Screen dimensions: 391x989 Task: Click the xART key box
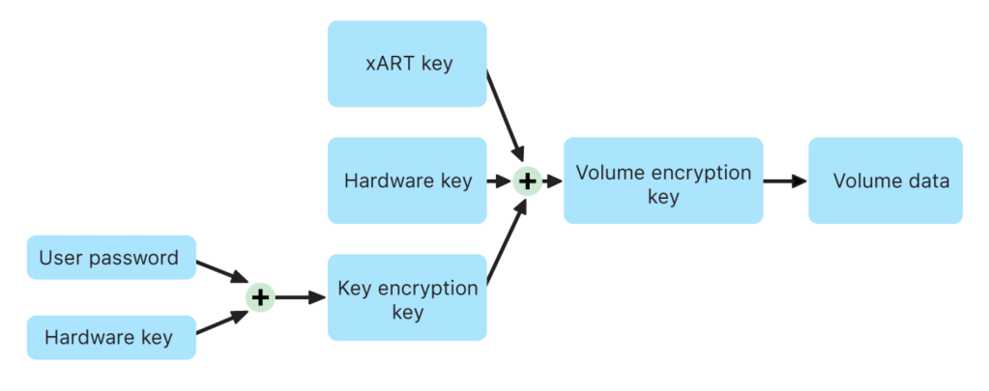coord(407,64)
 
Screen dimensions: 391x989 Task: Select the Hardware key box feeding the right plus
coord(407,181)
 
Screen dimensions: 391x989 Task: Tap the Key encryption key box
coord(407,297)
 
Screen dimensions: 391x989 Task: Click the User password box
coord(111,258)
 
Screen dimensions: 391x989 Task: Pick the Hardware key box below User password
coord(111,337)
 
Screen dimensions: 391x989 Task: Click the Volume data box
coord(886,181)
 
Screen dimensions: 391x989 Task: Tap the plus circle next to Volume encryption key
coord(527,181)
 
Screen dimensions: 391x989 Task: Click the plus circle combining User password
coord(260,297)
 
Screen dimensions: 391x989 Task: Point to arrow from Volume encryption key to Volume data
coord(785,181)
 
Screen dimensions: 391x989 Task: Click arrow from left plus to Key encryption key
coord(301,297)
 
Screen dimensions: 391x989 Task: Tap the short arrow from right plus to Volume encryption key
coord(552,181)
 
